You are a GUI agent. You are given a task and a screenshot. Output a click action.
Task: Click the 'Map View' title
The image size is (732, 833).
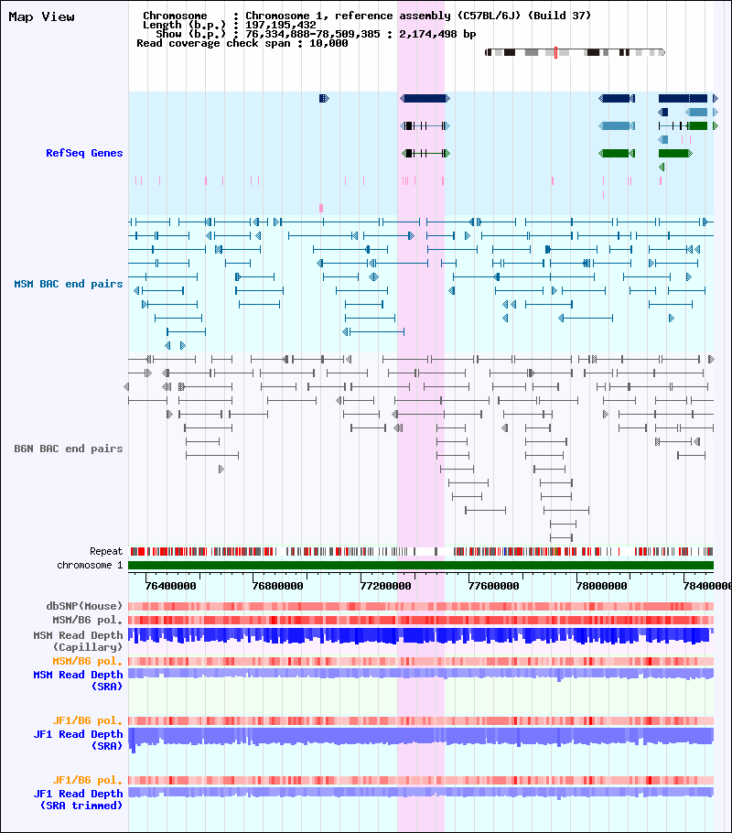coord(41,16)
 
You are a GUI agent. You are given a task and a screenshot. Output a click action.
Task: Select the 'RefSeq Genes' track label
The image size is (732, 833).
coord(84,153)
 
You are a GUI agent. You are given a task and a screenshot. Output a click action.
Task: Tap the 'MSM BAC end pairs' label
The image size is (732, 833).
coord(69,284)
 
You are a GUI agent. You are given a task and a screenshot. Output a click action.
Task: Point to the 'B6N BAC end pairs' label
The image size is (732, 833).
coord(69,449)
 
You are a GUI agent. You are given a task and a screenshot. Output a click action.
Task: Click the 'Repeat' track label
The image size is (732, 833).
coord(106,552)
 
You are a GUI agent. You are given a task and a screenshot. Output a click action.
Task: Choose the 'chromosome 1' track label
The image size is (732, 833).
coord(90,566)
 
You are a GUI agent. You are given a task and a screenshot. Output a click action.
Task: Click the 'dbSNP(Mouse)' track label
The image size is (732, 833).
coord(85,606)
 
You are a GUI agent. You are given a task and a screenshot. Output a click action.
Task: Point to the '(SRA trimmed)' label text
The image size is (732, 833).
coord(81,806)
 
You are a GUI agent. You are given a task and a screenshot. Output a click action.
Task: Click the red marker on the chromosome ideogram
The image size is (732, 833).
coord(555,52)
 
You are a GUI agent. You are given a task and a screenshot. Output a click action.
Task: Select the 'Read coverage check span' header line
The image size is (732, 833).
coord(242,43)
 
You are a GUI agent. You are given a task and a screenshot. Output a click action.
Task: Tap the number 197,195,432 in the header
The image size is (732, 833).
coord(281,25)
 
